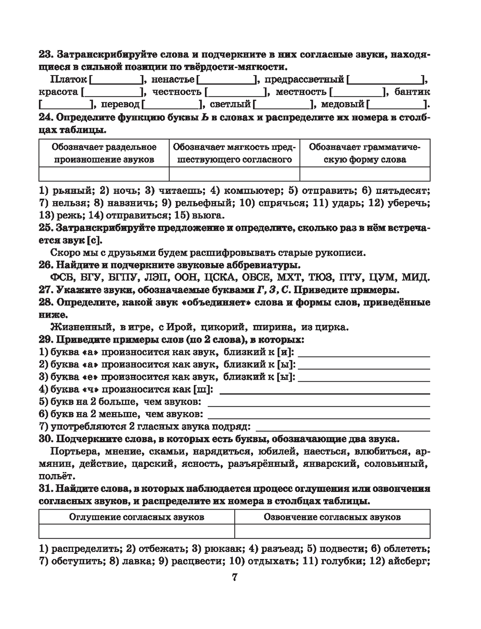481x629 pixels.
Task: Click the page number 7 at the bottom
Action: (235, 578)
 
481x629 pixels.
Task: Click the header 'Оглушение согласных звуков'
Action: (137, 517)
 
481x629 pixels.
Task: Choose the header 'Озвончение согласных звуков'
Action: (332, 517)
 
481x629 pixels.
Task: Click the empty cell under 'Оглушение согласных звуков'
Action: (137, 531)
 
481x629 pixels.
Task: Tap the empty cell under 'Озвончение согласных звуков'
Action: (332, 531)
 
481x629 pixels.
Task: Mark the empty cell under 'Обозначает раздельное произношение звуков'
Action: (104, 174)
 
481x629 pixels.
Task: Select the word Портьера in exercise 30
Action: (74, 451)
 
